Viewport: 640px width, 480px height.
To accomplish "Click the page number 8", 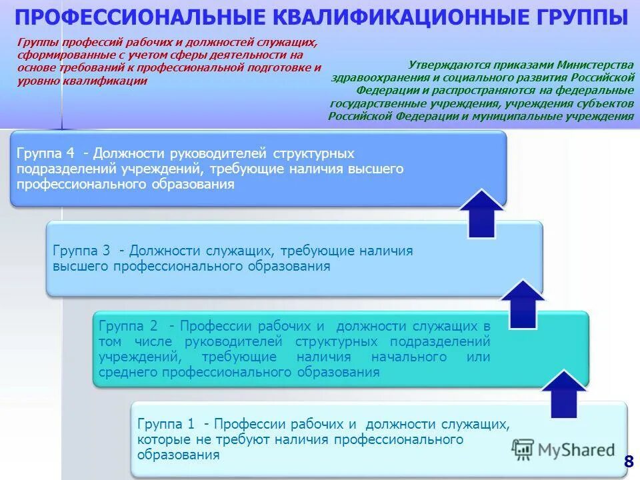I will point(628,461).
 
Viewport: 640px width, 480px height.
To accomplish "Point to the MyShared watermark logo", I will point(564,449).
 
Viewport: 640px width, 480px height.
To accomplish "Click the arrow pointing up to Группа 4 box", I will point(481,213).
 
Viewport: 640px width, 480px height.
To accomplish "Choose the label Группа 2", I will point(127,326).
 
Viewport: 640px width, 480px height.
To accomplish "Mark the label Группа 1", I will point(165,424).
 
